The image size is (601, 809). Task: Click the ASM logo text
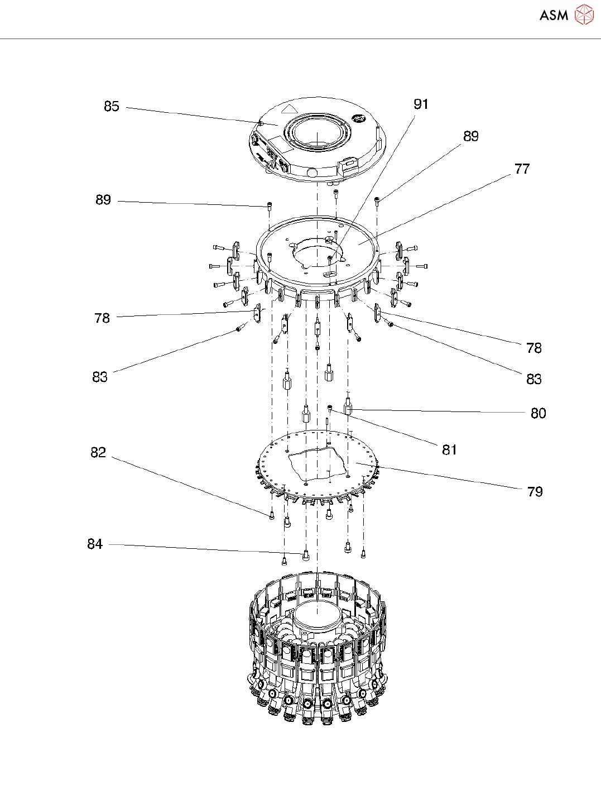(554, 16)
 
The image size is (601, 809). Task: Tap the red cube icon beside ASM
(584, 15)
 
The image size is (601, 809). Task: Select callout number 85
(112, 106)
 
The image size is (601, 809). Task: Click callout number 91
(421, 104)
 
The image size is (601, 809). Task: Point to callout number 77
(522, 169)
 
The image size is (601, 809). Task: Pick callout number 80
(538, 413)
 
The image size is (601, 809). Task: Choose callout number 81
(449, 449)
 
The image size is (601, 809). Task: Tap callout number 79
(535, 491)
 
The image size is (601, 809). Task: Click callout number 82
(98, 452)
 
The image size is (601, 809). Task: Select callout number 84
(95, 544)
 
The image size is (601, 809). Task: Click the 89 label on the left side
(103, 200)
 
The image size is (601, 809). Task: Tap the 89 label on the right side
(471, 136)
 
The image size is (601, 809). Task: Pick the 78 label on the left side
(102, 318)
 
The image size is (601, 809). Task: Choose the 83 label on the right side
(534, 379)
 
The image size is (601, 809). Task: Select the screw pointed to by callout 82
(272, 515)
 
